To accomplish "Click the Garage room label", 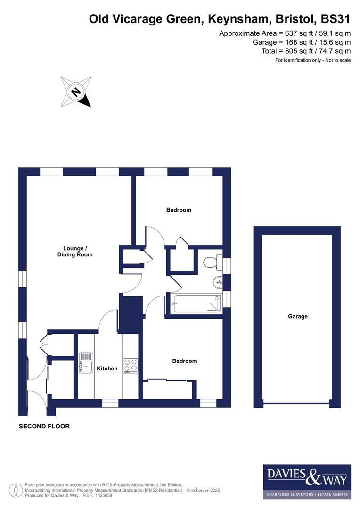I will (x=298, y=316).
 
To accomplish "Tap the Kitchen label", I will (x=107, y=369).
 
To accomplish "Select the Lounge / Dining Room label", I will (x=78, y=251).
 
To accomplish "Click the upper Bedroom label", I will (x=179, y=210).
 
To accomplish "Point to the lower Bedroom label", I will (x=184, y=361).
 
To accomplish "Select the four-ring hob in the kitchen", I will (x=131, y=365).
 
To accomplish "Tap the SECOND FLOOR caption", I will (x=44, y=427).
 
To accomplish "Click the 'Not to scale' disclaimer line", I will (x=313, y=60).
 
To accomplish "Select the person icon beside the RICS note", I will (x=17, y=490).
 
